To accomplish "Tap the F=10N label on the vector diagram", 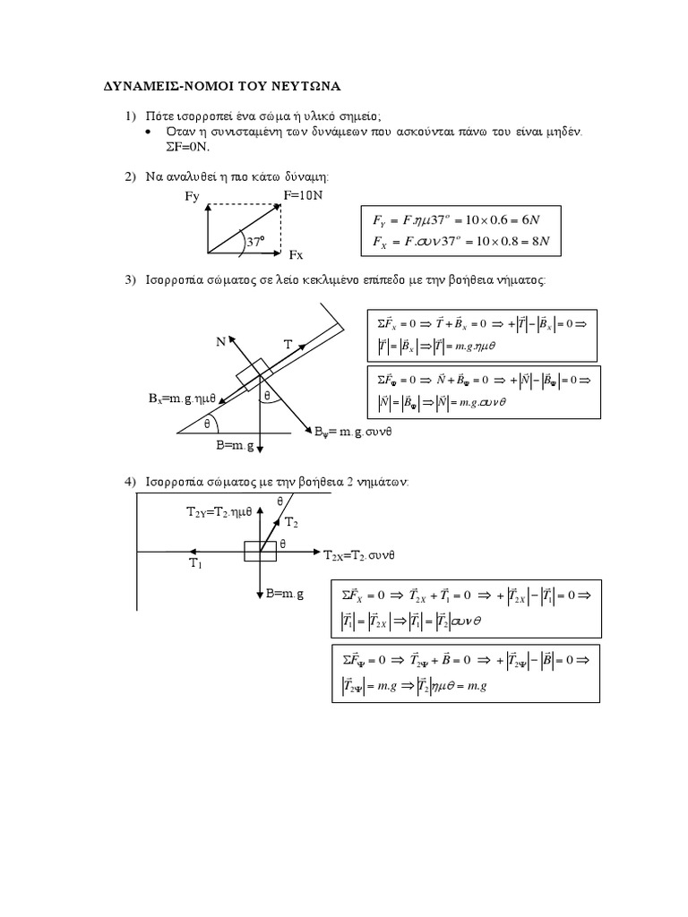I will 302,194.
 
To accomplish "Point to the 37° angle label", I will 258,242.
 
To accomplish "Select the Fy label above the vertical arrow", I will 192,197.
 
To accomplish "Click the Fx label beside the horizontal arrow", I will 295,254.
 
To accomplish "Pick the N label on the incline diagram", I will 220,340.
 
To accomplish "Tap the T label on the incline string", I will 288,344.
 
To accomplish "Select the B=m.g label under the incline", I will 236,444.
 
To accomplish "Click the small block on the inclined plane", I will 254,374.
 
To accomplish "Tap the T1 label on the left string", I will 196,563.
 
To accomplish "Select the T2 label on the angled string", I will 292,521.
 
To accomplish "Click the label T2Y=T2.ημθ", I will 214,513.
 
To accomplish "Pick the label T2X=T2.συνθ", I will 358,556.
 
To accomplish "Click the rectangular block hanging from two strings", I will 261,551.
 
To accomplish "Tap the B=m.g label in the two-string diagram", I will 287,593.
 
